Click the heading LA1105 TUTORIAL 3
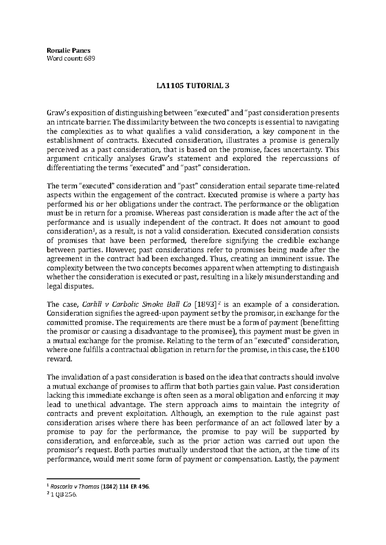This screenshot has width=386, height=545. point(193,86)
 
